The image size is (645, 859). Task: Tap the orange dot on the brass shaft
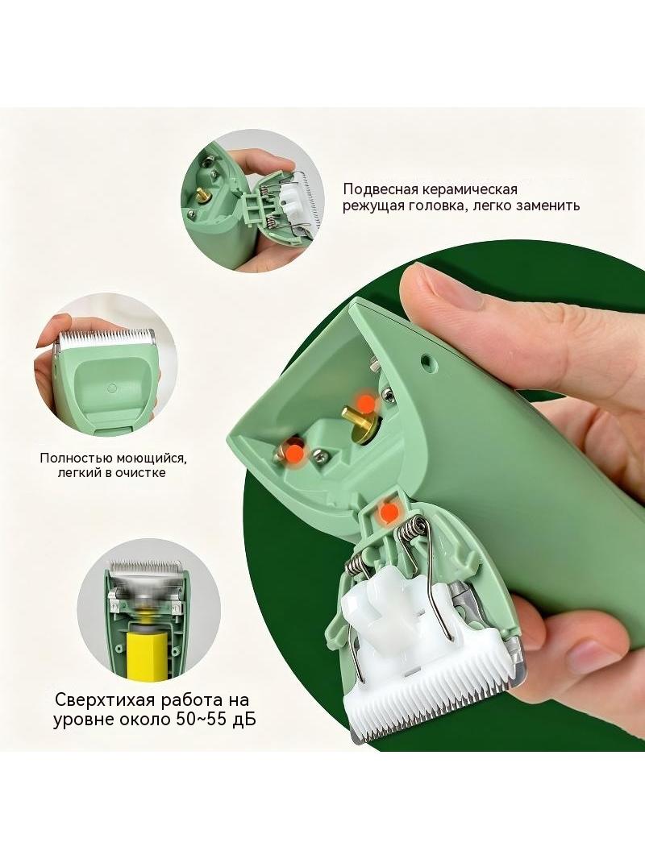(365, 405)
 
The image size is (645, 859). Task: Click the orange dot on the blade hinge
(389, 512)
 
